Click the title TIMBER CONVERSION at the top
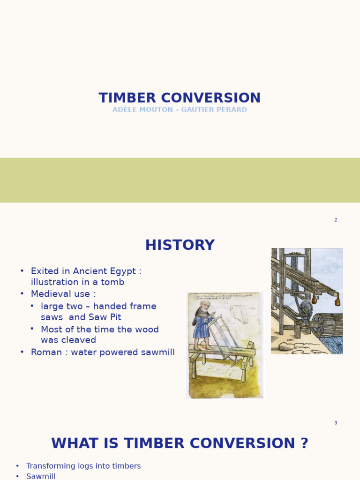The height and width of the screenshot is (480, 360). pos(180,98)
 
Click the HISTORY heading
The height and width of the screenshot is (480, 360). pos(180,246)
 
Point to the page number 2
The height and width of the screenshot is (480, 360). pos(336,220)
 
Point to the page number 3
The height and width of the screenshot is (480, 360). pos(336,423)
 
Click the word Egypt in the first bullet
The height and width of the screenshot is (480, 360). pos(124,271)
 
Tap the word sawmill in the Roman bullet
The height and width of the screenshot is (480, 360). pos(157,352)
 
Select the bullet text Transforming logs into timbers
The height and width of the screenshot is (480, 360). pos(83,466)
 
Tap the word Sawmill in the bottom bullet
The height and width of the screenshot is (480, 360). pos(41,476)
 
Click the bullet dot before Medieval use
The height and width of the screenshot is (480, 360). pos(22,294)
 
